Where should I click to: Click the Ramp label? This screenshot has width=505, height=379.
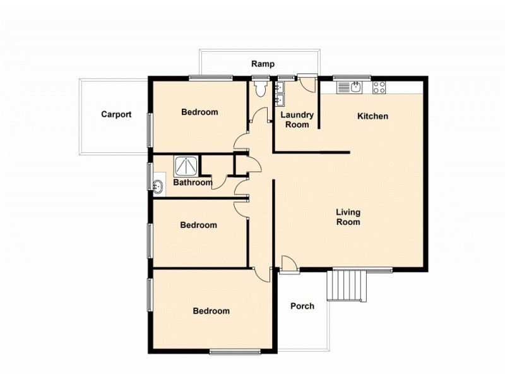pos(263,64)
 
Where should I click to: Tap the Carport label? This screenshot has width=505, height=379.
pos(116,114)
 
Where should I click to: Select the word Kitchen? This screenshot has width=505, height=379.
pos(372,116)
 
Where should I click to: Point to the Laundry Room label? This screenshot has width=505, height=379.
pos(297,119)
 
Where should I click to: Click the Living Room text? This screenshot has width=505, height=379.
pos(348,217)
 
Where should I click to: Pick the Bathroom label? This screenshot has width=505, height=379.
pos(193,183)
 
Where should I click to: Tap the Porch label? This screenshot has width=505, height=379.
pos(302,306)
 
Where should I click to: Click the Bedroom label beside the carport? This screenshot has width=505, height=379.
pos(199,112)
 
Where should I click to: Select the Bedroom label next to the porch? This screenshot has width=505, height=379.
pos(211,311)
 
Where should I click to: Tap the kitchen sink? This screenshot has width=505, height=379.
pos(355,87)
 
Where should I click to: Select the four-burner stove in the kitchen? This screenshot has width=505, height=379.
pos(379,87)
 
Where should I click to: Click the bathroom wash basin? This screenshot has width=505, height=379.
pos(158,186)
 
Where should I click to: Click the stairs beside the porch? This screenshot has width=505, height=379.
pos(346,286)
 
